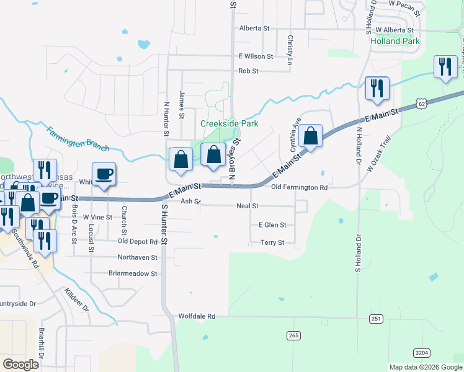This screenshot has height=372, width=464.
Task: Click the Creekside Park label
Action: tap(229, 123)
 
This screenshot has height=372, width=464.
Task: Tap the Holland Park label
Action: tap(395, 42)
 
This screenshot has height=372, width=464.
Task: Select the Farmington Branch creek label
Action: tap(78, 138)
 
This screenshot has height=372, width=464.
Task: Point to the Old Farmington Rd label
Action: tap(300, 187)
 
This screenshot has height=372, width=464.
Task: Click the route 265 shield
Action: tap(294, 335)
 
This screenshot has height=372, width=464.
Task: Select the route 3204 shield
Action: tap(421, 353)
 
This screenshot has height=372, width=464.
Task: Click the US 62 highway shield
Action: tap(421, 105)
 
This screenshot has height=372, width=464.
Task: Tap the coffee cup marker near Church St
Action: tap(104, 174)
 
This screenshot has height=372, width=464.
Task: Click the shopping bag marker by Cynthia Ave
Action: tap(311, 136)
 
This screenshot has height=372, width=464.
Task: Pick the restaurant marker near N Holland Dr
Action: tap(377, 88)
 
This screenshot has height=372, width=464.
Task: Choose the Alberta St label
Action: tap(254, 29)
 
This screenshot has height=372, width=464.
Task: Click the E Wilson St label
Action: tap(256, 56)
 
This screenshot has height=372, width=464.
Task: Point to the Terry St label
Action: tap(272, 242)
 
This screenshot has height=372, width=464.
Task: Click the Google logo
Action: tap(21, 364)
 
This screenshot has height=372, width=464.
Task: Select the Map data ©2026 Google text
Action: tap(425, 367)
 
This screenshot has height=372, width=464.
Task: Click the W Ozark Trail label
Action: tap(380, 154)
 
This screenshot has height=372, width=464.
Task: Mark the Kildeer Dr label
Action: tap(77, 299)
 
